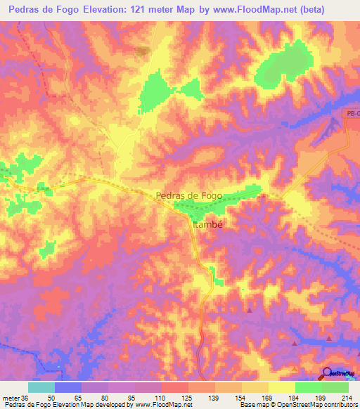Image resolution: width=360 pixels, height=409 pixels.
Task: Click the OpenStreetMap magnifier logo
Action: (x=328, y=373)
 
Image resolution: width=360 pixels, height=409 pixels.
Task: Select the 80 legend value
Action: (x=94, y=397)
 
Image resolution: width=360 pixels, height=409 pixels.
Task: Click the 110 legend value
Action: (x=147, y=397)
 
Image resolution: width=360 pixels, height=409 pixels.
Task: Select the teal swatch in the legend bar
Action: (x=41, y=387)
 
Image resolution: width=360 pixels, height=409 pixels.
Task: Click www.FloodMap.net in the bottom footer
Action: (x=146, y=405)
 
